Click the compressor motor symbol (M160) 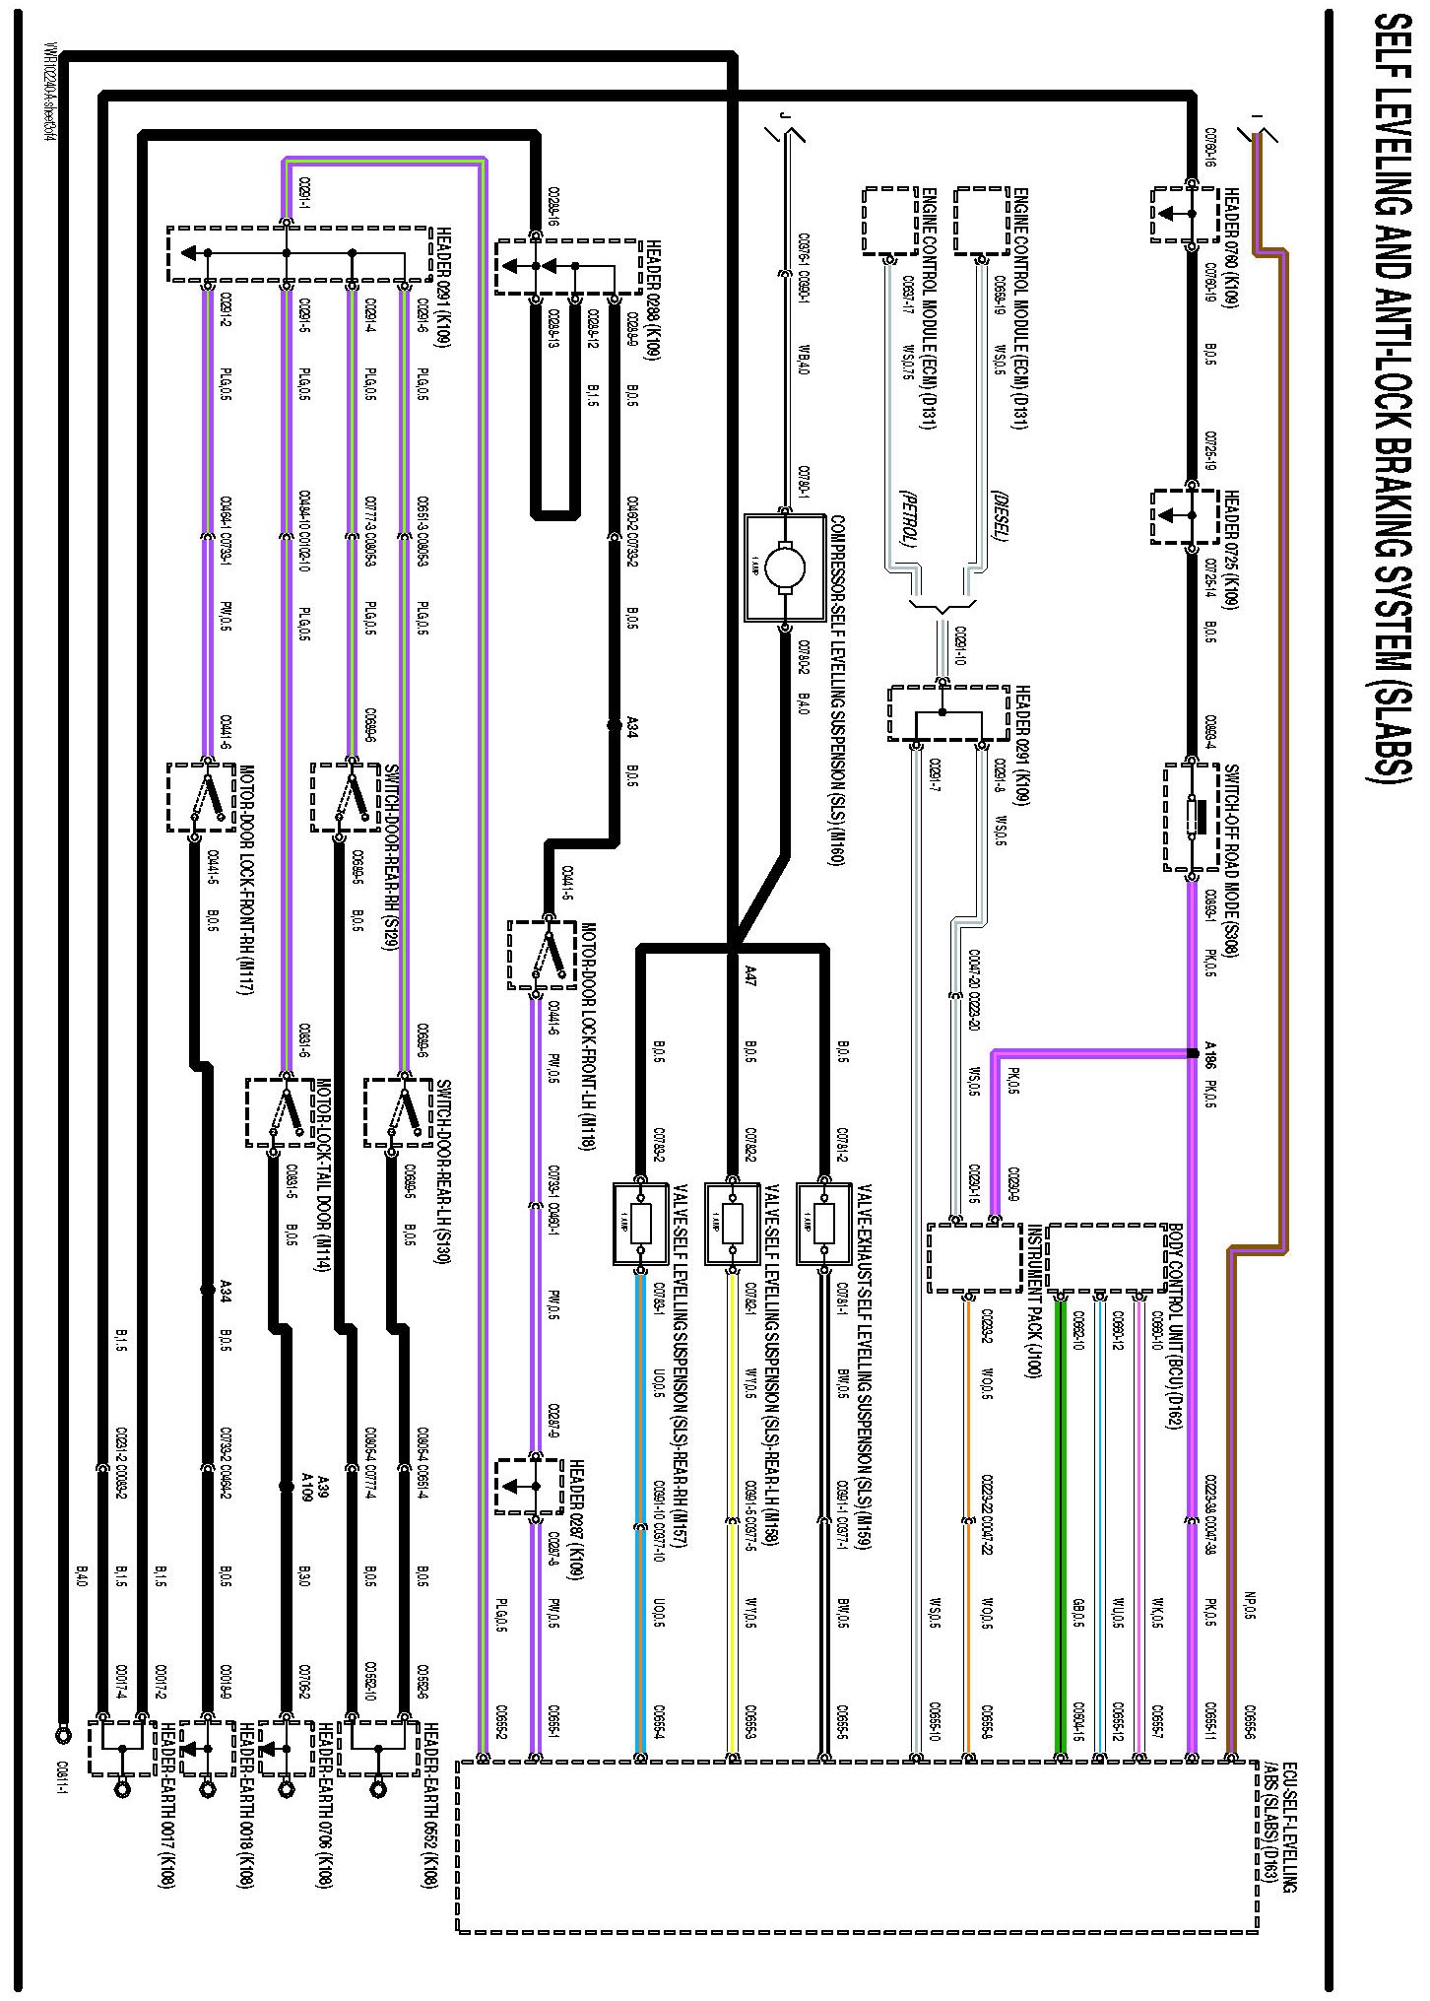[x=785, y=567]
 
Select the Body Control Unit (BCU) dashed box [x=1106, y=1257]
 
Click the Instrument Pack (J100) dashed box [x=974, y=1257]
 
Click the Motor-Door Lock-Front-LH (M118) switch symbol [x=541, y=954]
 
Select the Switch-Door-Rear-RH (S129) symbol [x=346, y=796]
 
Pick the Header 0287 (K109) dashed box [x=528, y=1486]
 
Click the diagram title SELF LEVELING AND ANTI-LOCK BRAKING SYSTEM [x=1388, y=414]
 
